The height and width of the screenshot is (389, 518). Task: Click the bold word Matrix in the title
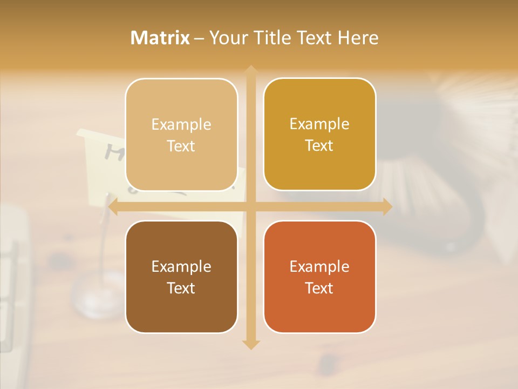pyautogui.click(x=160, y=38)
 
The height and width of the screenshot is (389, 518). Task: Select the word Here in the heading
pyautogui.click(x=358, y=38)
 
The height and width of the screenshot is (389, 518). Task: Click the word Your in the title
pyautogui.click(x=226, y=38)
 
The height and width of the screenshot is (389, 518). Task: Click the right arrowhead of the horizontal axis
pyautogui.click(x=387, y=207)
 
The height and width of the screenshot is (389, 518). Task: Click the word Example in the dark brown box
pyautogui.click(x=181, y=266)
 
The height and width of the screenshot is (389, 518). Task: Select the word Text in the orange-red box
pyautogui.click(x=319, y=288)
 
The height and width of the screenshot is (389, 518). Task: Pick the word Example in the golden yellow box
pyautogui.click(x=319, y=124)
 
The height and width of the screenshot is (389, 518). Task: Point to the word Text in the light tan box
pyautogui.click(x=181, y=146)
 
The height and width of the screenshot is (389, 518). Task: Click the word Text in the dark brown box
pyautogui.click(x=181, y=288)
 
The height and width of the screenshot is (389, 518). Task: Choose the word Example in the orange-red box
pyautogui.click(x=319, y=266)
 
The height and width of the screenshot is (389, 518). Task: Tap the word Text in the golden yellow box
pyautogui.click(x=319, y=145)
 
